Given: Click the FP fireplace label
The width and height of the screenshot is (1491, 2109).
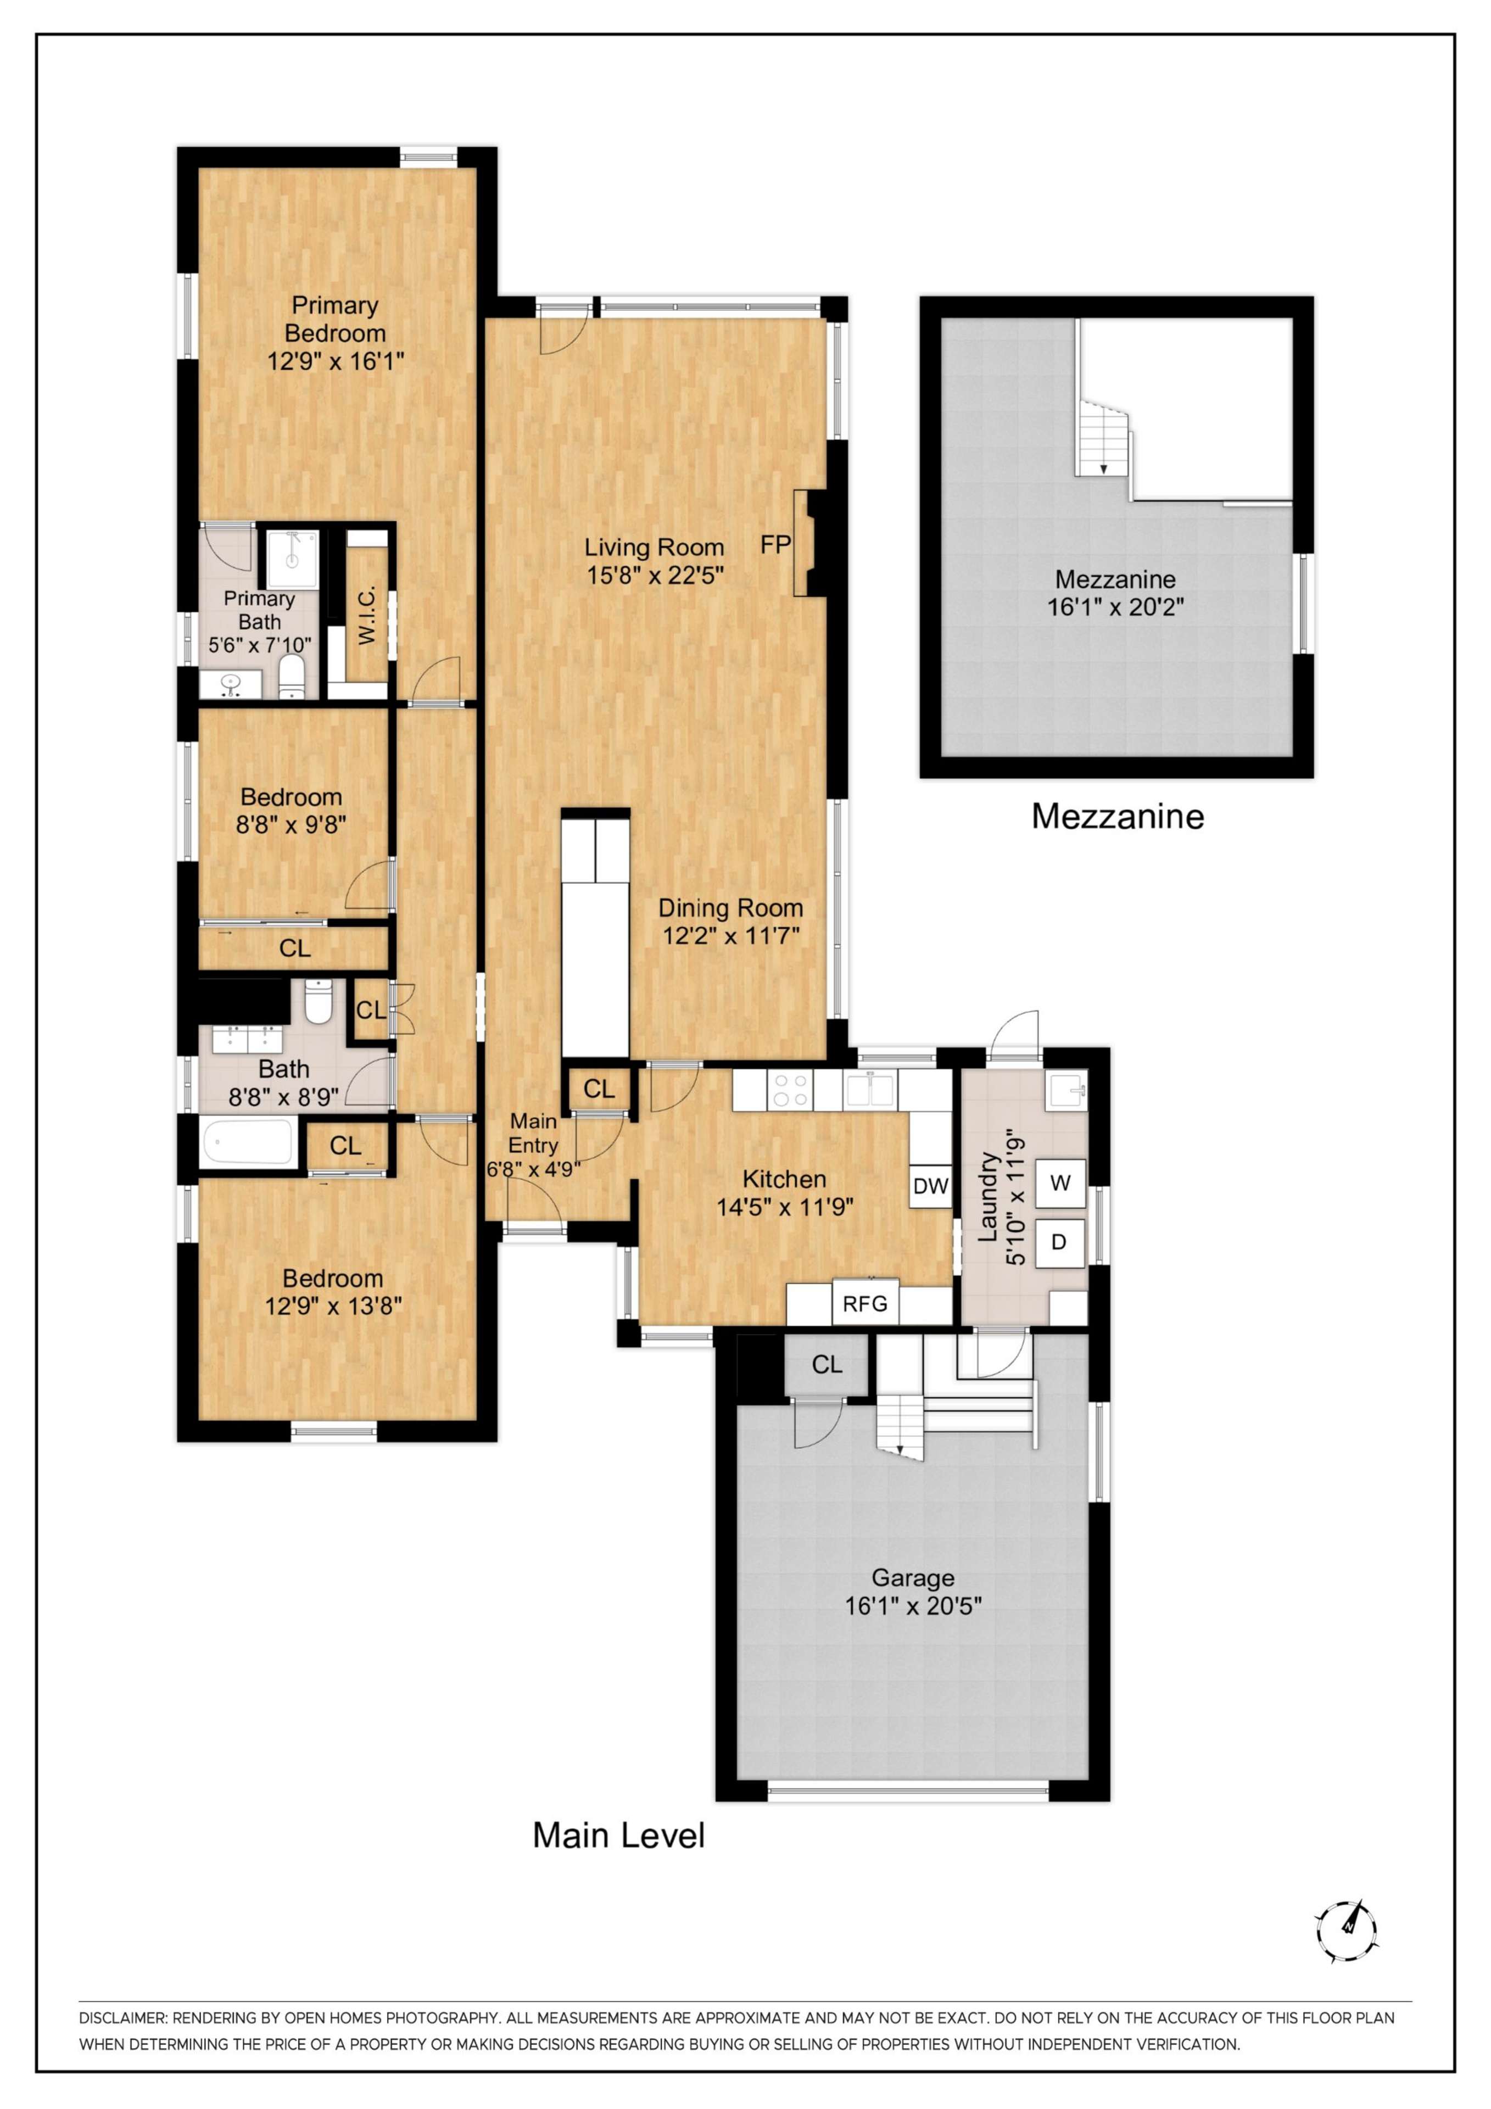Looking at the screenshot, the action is pyautogui.click(x=775, y=545).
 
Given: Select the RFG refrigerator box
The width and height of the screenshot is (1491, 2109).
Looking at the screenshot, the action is pyautogui.click(x=865, y=1303).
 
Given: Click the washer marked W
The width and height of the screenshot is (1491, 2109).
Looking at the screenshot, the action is pyautogui.click(x=1060, y=1183).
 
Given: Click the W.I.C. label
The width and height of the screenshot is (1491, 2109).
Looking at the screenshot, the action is pyautogui.click(x=366, y=616).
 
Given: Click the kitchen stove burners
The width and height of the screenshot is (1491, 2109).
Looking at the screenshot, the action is pyautogui.click(x=791, y=1090).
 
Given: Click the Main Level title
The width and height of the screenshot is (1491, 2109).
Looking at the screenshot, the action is pyautogui.click(x=619, y=1835).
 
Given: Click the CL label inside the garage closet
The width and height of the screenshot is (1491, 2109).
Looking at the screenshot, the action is pyautogui.click(x=827, y=1365).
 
